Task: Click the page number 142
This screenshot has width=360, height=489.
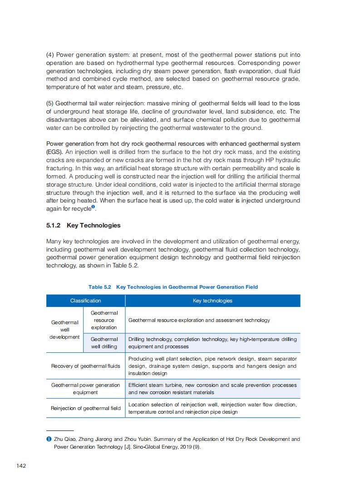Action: click(x=21, y=465)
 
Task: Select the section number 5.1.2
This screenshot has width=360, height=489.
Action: click(x=54, y=225)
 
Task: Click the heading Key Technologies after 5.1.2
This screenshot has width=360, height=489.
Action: click(x=94, y=225)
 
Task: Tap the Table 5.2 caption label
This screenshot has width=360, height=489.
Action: click(x=100, y=287)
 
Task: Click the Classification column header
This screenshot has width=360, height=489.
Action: click(x=85, y=301)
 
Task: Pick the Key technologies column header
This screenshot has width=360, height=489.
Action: click(x=212, y=301)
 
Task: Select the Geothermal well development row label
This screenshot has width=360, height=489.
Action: click(x=64, y=330)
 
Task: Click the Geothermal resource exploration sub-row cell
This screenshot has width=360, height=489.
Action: click(x=104, y=320)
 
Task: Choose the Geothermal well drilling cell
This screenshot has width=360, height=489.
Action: click(x=104, y=343)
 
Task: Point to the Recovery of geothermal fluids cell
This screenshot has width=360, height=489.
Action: click(x=85, y=366)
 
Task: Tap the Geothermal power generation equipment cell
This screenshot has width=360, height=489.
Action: click(x=85, y=389)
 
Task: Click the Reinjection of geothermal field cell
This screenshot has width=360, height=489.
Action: click(x=85, y=408)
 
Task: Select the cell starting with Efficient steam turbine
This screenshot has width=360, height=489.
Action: click(x=212, y=389)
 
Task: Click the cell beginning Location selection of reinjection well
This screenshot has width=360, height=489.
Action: click(x=212, y=408)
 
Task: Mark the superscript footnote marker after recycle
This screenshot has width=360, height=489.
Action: click(x=93, y=207)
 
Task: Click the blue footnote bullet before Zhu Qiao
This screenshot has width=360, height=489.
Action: click(x=49, y=439)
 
